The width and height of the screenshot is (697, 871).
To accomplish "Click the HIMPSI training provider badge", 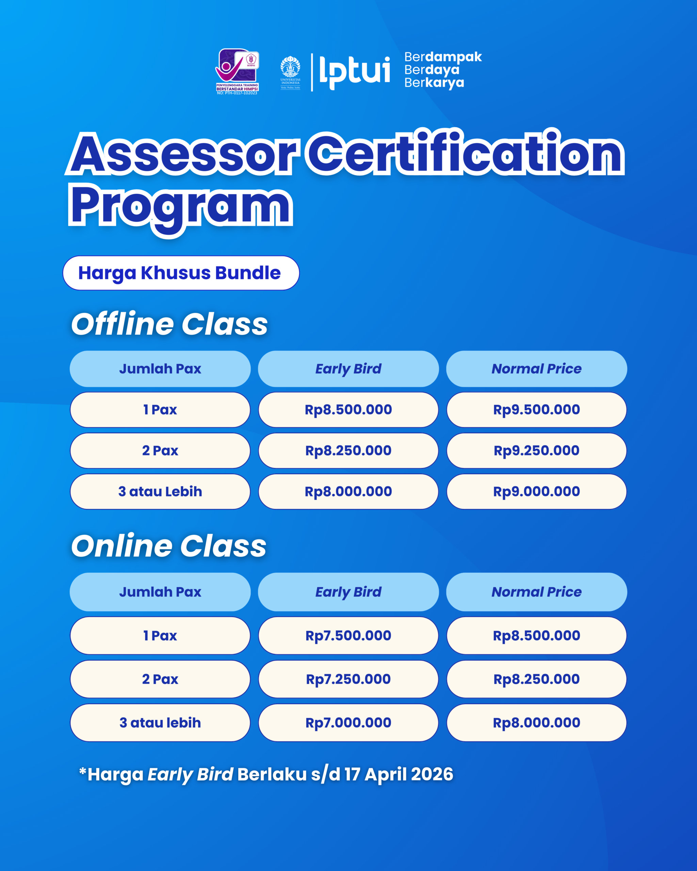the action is click(237, 72).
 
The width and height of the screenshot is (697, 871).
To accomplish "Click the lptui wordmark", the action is click(355, 73).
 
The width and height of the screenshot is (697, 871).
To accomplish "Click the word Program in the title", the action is click(180, 209).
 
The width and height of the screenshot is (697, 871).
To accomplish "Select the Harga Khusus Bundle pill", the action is click(181, 273).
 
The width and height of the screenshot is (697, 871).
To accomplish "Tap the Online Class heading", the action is click(168, 546).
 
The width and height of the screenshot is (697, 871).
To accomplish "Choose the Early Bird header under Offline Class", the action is click(348, 369).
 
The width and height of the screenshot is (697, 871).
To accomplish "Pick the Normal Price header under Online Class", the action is click(537, 592).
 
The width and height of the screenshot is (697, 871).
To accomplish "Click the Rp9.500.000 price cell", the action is click(537, 410).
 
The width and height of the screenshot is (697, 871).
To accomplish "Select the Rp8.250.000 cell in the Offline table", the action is click(348, 450).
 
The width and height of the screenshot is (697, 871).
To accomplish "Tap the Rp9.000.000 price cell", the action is click(537, 492).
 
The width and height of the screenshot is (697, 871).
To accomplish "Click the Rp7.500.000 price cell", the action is click(348, 636).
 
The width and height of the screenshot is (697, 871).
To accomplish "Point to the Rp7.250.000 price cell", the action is click(348, 679).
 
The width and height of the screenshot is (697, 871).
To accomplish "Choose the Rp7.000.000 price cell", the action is click(348, 723).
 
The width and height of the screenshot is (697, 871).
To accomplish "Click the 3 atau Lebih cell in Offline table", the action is click(160, 492).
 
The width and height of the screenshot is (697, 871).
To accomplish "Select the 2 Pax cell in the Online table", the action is click(160, 679).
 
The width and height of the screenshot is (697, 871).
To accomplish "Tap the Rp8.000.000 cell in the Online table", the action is click(537, 723).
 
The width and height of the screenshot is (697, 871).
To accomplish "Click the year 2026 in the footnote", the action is click(432, 774).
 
